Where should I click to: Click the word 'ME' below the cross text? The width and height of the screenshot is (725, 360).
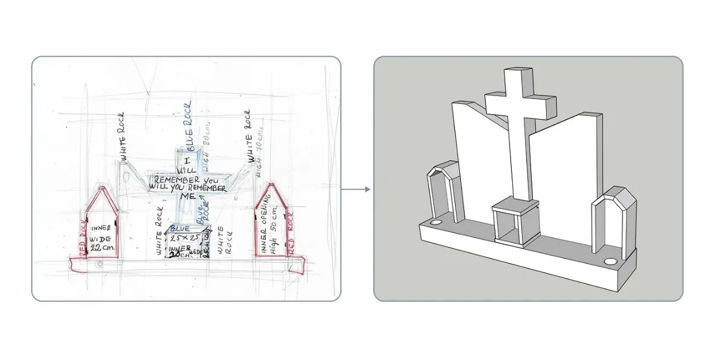pos(188,197)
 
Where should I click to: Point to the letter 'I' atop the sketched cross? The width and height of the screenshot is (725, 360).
pos(187,161)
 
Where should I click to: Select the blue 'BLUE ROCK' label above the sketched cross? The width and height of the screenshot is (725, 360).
pos(190,133)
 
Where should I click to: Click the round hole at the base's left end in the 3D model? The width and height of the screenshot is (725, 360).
pos(435,223)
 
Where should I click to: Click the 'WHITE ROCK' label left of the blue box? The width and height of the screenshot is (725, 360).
pos(160,231)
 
